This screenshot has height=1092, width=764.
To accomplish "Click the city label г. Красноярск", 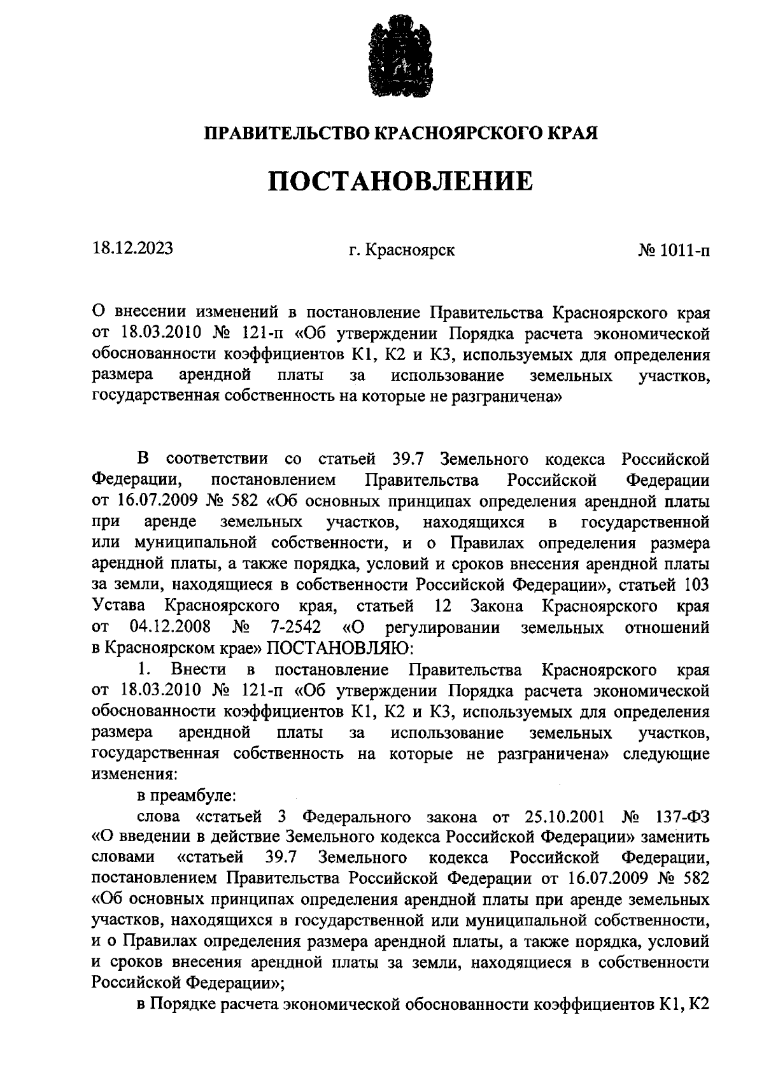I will click(x=401, y=250).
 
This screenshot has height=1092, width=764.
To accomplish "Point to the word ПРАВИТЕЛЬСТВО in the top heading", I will click(x=285, y=133).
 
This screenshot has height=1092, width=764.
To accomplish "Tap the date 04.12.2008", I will click(x=170, y=627).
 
